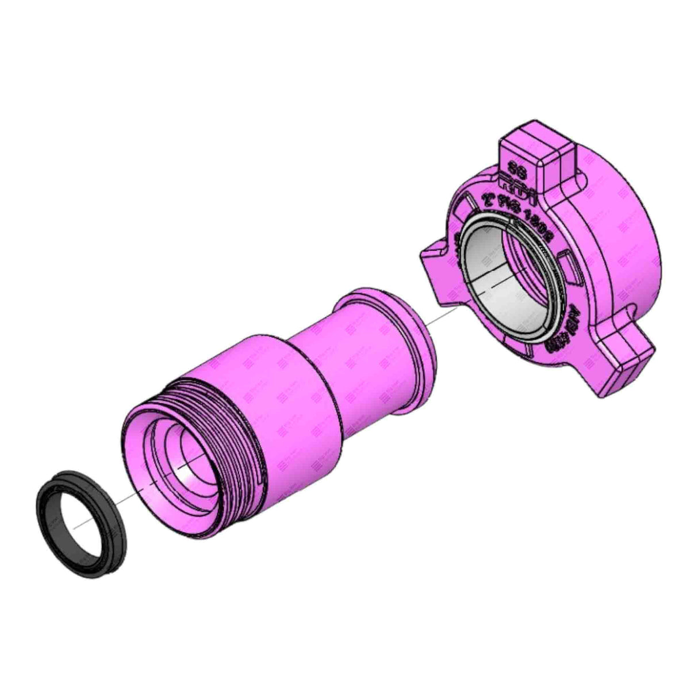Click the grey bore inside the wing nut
pyautogui.click(x=494, y=287)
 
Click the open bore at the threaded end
pyautogui.click(x=184, y=460)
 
